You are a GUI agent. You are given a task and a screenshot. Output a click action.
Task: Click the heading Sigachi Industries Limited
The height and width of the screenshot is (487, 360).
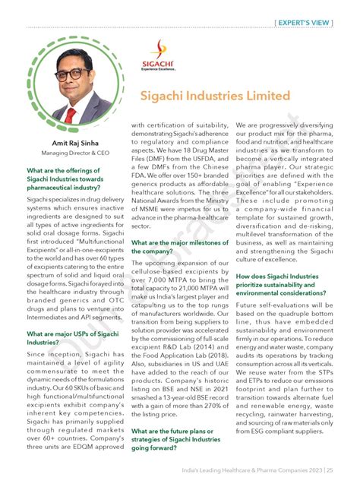coord(215,96)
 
